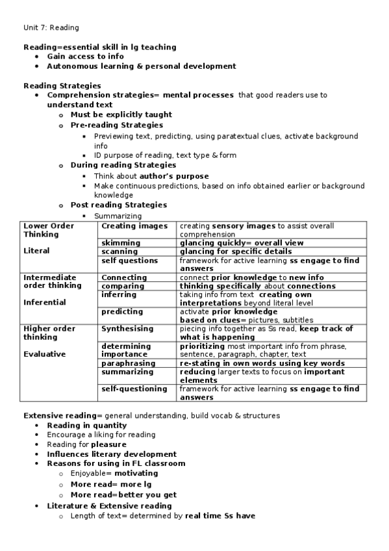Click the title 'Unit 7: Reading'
tap(51, 27)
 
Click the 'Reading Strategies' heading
tap(62, 85)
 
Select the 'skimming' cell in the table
tap(120, 243)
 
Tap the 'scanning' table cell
tap(119, 251)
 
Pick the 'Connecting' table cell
tap(124, 277)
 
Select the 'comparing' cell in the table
tap(123, 286)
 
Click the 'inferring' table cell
tap(119, 294)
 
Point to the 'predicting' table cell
tap(122, 311)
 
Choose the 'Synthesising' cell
tap(127, 329)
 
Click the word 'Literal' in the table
tap(36, 250)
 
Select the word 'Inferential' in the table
tap(44, 302)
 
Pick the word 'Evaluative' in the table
tap(44, 354)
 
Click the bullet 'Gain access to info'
tap(85, 57)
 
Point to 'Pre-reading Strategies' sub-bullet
tap(116, 125)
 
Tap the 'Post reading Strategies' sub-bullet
tap(118, 205)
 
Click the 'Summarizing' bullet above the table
tap(118, 216)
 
